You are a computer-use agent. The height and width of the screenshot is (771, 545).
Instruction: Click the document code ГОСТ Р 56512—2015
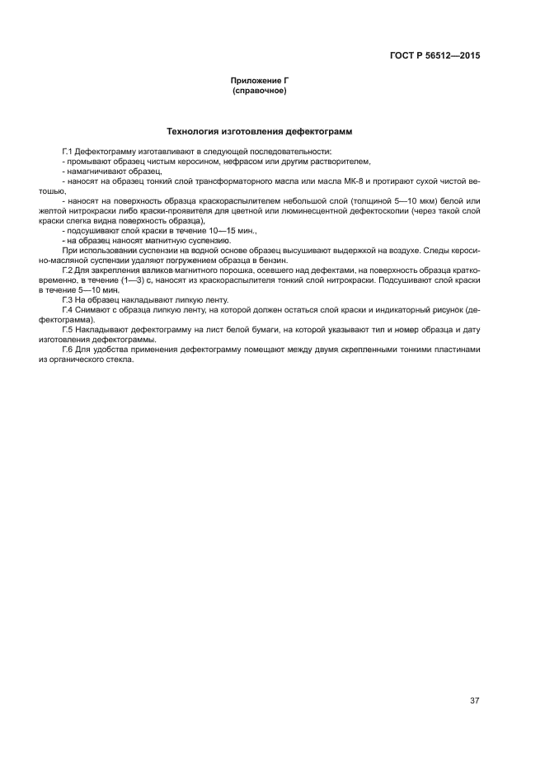coord(435,56)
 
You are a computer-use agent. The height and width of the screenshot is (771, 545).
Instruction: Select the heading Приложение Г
coord(260,80)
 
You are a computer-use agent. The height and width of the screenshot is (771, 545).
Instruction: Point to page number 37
coord(474,700)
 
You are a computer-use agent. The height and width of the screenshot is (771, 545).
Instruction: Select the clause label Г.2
coord(68,270)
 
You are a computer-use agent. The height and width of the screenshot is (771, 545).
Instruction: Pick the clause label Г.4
coord(68,309)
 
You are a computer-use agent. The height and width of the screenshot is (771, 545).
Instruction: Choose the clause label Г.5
coord(68,329)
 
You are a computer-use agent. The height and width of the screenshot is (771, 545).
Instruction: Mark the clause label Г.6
coord(68,349)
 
